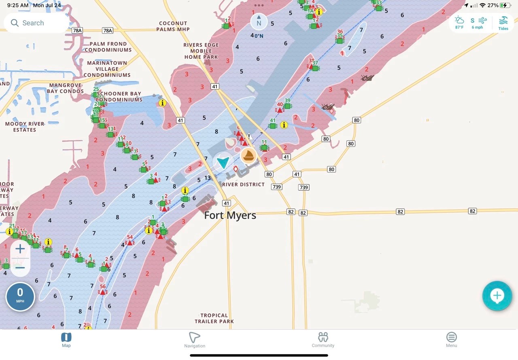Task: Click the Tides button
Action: (503, 23)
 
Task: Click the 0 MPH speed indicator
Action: (20, 296)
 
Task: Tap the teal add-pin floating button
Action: (497, 296)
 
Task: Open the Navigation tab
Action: (195, 340)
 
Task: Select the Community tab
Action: (323, 340)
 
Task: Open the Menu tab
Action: (451, 340)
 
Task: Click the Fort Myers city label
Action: (230, 215)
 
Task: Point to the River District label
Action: (243, 185)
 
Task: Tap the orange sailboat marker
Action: (248, 156)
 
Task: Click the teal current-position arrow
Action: (223, 162)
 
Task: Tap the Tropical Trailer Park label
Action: (214, 318)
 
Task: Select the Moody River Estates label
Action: (25, 127)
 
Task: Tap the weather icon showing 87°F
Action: (459, 23)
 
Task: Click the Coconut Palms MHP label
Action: (173, 26)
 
